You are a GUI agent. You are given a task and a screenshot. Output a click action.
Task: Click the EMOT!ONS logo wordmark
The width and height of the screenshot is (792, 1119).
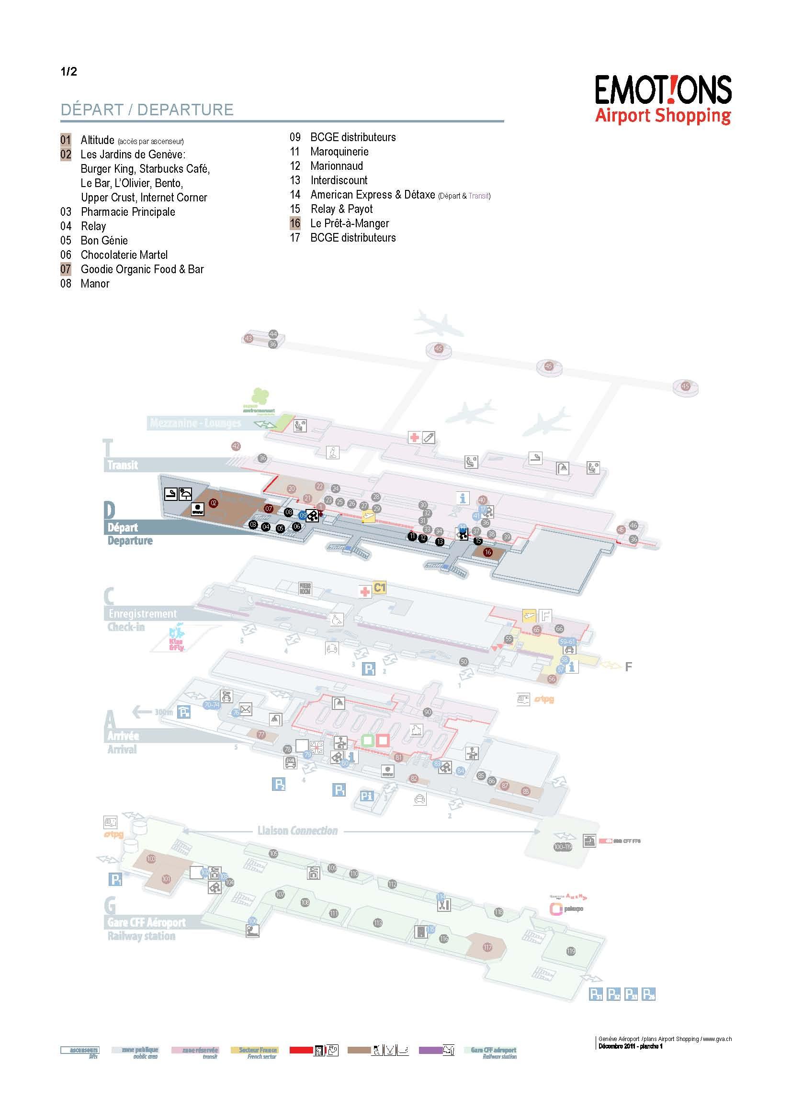(663, 90)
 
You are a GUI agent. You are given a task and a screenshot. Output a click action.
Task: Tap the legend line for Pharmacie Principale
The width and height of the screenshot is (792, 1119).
(128, 212)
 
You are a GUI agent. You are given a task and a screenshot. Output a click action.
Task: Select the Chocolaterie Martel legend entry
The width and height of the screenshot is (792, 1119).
(124, 255)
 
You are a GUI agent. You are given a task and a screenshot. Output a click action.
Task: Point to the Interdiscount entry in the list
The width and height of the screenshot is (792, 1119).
(339, 180)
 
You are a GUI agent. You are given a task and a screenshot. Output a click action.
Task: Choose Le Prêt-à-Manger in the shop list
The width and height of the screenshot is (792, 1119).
(349, 224)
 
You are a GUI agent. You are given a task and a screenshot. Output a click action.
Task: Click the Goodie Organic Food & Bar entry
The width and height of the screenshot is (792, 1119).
(142, 269)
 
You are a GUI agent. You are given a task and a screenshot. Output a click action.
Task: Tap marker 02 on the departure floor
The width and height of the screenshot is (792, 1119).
(213, 503)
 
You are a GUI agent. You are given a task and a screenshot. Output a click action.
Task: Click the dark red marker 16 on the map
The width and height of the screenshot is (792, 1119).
(487, 552)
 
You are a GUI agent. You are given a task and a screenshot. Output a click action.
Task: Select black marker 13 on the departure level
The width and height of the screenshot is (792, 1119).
(440, 542)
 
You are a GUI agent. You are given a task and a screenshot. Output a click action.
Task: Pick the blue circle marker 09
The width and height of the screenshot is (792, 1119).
(302, 515)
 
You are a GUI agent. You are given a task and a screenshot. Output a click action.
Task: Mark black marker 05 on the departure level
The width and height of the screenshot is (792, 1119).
(281, 528)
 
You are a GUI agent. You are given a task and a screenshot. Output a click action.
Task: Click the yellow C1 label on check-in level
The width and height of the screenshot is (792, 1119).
(379, 588)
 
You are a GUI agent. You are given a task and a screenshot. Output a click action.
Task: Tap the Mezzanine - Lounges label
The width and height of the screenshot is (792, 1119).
(195, 423)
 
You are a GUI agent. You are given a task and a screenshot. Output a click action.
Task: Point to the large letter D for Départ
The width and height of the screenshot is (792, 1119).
(109, 510)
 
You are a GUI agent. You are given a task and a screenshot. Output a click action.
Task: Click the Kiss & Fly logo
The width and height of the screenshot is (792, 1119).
(176, 637)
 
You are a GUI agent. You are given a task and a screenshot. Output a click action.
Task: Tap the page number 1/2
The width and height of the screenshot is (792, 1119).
(69, 72)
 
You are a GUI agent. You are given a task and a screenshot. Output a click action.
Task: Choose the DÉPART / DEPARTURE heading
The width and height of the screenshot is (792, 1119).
(147, 110)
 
